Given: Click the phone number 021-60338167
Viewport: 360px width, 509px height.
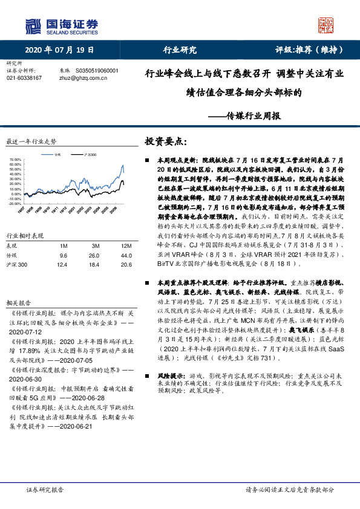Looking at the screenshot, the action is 24,78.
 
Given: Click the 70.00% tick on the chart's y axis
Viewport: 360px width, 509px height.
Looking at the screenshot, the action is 15,160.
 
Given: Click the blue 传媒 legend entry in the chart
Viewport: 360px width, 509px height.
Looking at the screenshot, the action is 56,154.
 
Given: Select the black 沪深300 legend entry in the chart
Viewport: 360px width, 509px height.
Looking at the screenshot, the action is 85,154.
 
